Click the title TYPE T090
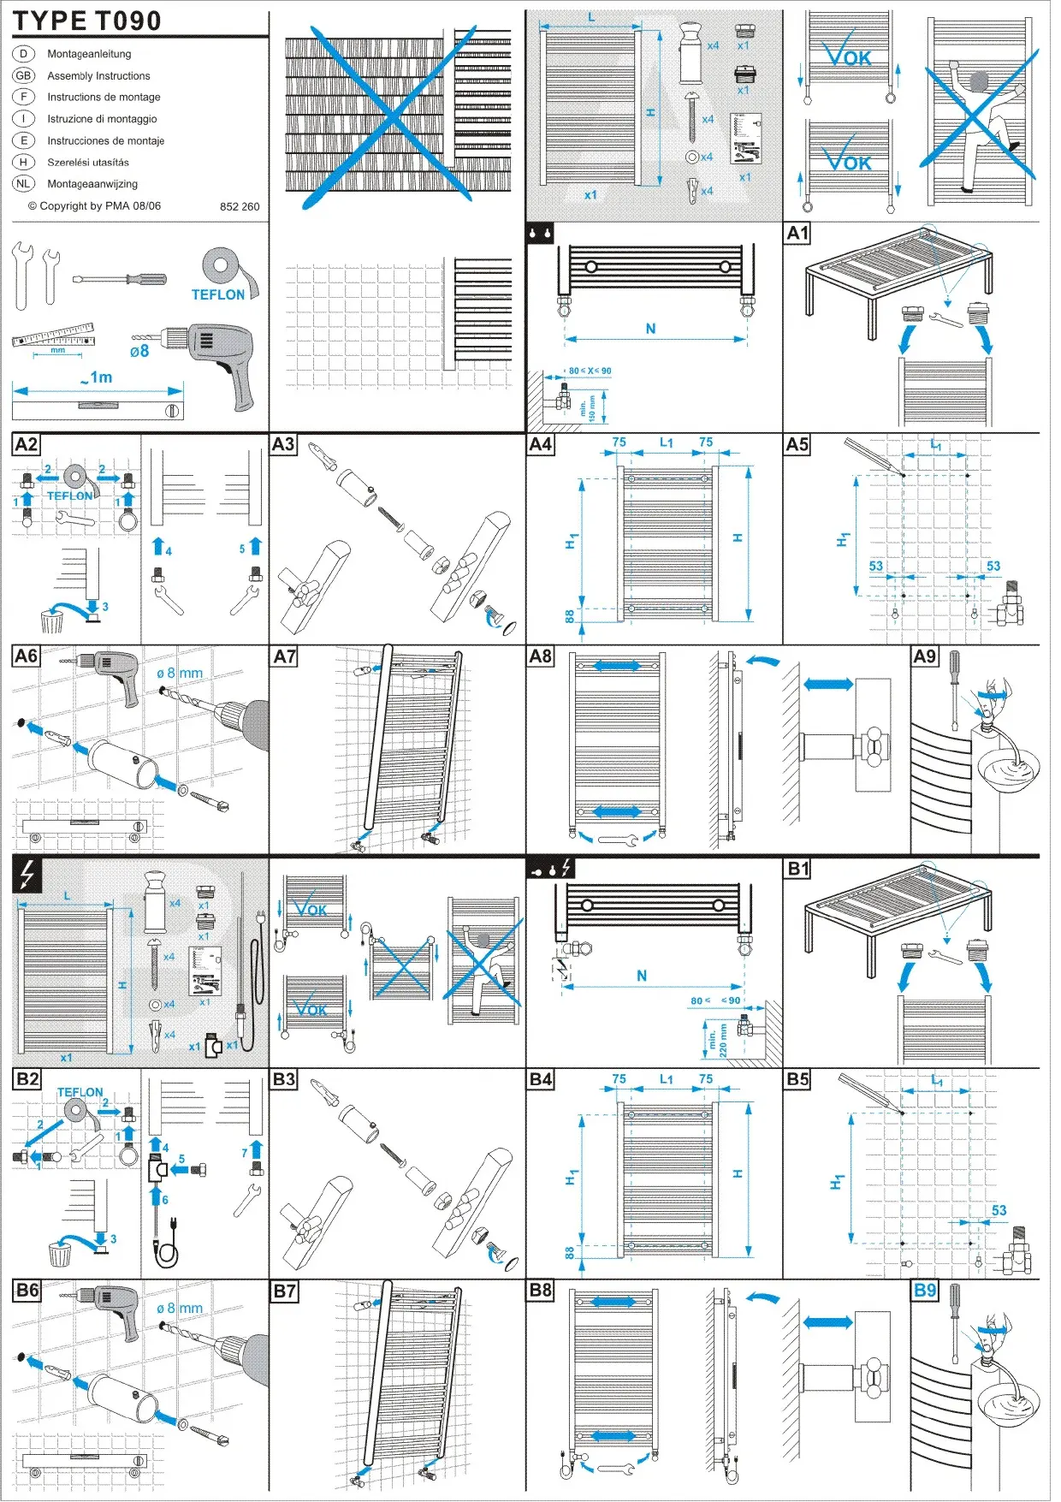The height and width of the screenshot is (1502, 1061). coord(86,21)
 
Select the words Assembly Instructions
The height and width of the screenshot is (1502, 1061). coord(98,76)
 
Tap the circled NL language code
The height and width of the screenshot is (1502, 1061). coord(23,183)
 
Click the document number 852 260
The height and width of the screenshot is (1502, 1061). coord(240,206)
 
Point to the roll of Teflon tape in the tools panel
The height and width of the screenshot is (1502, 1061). coord(222,267)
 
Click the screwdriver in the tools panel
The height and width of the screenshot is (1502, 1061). coord(119,279)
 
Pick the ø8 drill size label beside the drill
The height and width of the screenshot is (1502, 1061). coord(139,351)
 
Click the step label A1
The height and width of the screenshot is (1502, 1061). coord(797,234)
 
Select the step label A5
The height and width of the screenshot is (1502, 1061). coord(797,444)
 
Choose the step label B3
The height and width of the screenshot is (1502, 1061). coord(283,1079)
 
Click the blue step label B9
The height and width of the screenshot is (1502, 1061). coord(925,1291)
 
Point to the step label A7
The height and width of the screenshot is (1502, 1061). coord(284,656)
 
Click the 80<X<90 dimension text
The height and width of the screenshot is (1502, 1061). coord(590,371)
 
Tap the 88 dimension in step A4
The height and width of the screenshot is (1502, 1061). coord(570,615)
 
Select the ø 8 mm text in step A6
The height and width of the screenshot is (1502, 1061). coord(180,674)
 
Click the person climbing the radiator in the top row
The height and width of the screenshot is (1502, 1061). coord(981,120)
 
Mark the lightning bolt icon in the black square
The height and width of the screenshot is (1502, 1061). coord(27,875)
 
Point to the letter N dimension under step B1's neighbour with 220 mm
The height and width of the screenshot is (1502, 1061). coord(642,976)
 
